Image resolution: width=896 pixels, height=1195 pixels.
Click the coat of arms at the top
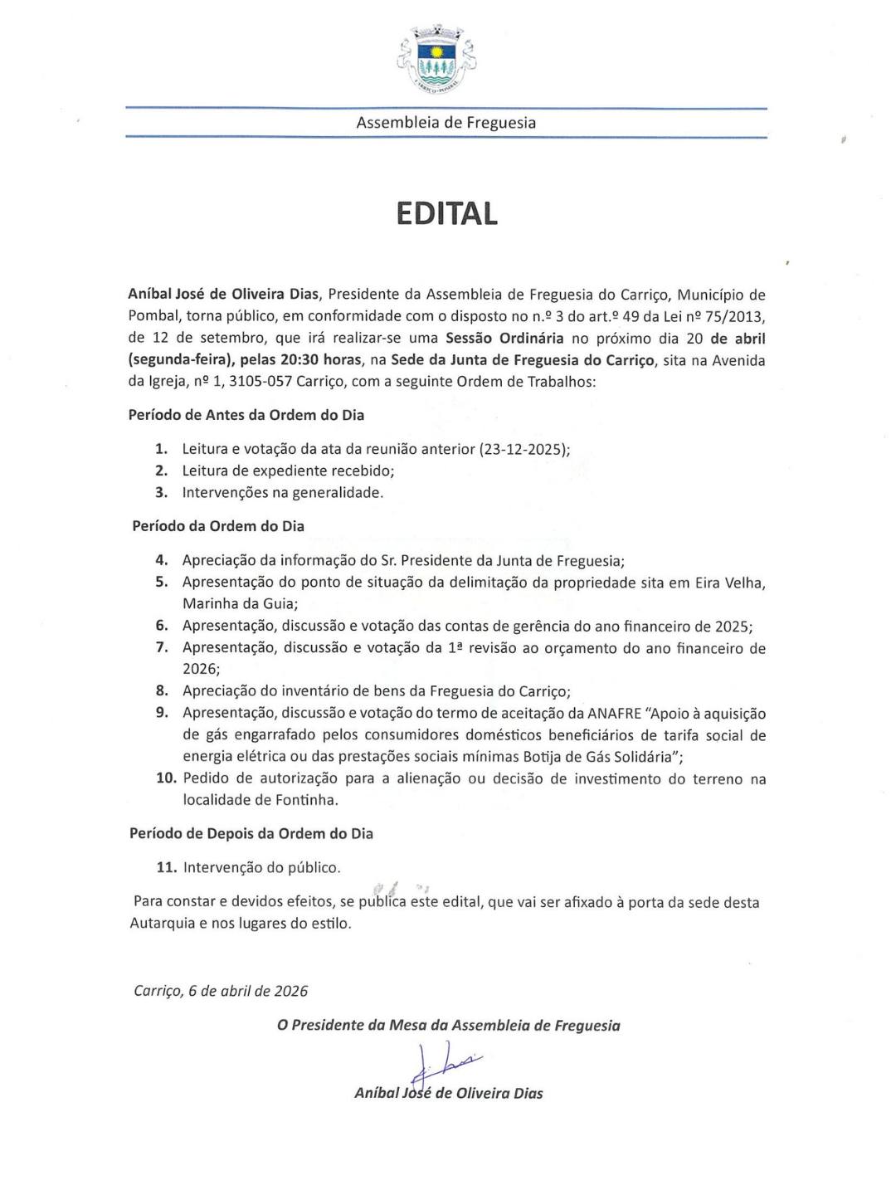(x=437, y=58)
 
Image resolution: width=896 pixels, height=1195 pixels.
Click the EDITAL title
(x=446, y=213)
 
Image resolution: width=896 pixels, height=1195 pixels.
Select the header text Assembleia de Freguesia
(x=446, y=123)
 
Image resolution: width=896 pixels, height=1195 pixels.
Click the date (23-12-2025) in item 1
(x=523, y=449)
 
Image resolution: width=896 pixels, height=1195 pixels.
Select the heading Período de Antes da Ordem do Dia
(x=246, y=415)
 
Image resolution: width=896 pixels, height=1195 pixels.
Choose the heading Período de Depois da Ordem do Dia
(x=251, y=833)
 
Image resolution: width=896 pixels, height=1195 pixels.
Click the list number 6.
(x=162, y=626)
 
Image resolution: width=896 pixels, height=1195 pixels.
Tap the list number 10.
(x=166, y=778)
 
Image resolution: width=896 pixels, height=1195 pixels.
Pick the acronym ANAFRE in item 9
(x=614, y=713)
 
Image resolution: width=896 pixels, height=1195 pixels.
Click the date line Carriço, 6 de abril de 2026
(x=221, y=991)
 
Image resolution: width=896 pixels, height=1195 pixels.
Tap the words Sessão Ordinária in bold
(x=504, y=338)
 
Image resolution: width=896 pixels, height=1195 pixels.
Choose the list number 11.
(x=166, y=867)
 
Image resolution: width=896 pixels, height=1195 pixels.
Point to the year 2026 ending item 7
(x=199, y=669)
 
